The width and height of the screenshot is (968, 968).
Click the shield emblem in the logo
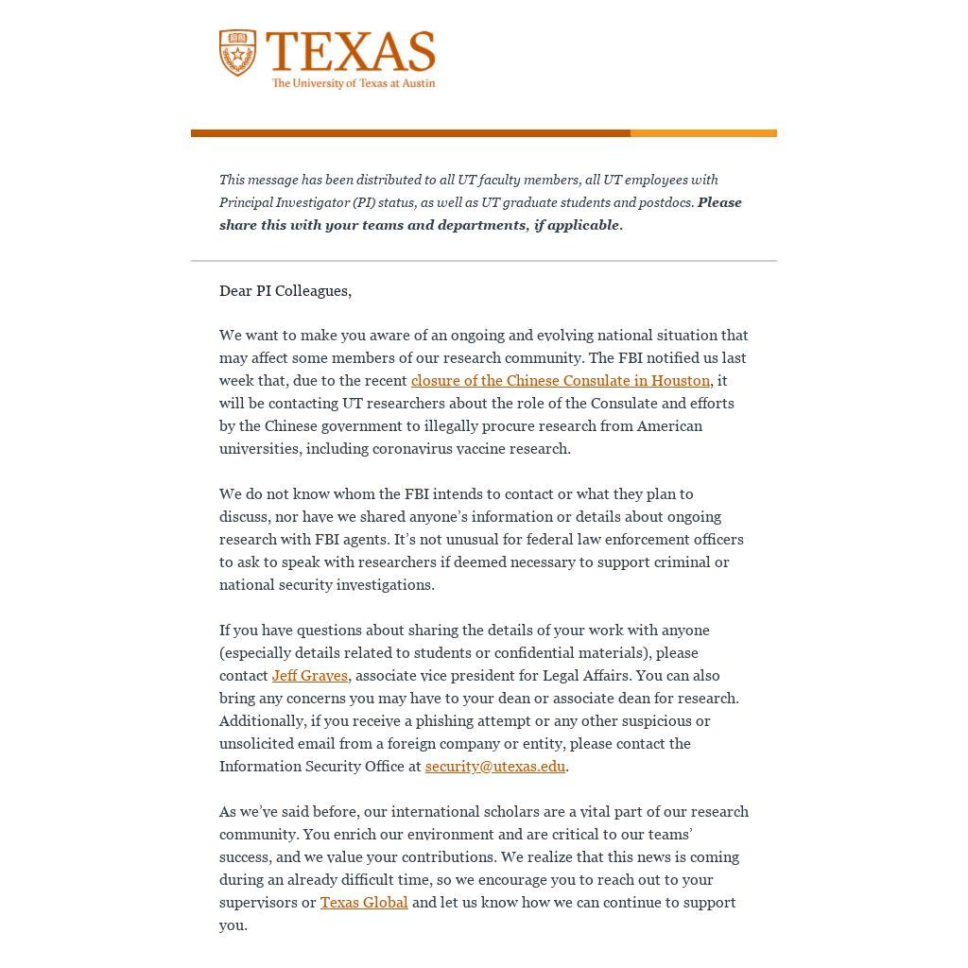point(237,53)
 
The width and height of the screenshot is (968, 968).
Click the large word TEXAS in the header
point(351,52)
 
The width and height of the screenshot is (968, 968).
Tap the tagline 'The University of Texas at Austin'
point(354,83)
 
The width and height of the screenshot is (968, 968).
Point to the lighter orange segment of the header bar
point(703,133)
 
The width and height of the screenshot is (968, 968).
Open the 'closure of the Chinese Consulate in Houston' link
point(560,381)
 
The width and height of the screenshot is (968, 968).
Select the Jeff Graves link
point(309,676)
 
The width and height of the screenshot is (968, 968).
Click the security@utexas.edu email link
point(494,767)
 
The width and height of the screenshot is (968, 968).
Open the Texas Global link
point(364,903)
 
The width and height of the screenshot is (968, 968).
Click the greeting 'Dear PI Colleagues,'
point(285,291)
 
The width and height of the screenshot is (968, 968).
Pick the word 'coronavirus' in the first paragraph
point(412,449)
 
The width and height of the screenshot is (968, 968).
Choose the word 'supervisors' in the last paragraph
point(258,903)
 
